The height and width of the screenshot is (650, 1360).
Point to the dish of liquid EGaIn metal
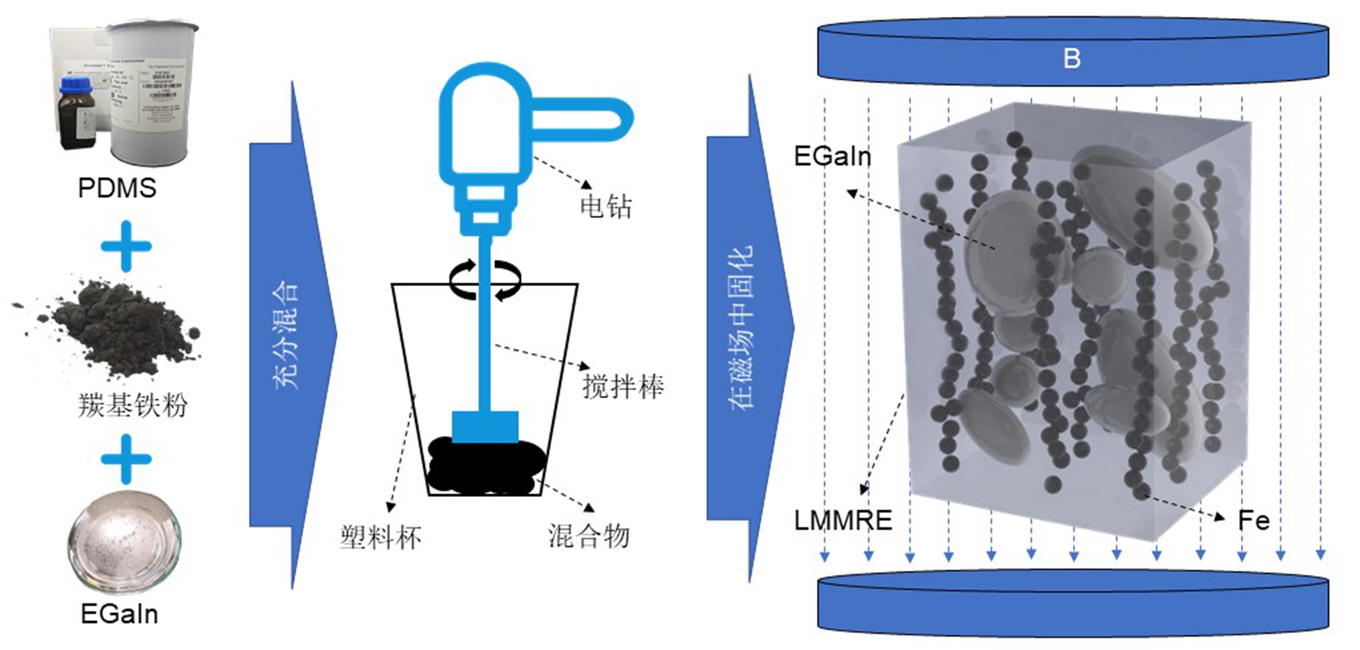(x=124, y=542)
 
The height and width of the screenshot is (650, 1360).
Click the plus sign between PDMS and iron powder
(x=126, y=246)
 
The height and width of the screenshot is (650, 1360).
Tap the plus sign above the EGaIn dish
(x=126, y=459)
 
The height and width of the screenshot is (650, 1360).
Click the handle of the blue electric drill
(x=581, y=119)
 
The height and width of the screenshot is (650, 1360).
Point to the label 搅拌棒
(x=623, y=387)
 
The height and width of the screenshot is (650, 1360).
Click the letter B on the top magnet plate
(x=1071, y=58)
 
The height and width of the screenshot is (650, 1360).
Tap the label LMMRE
(x=843, y=520)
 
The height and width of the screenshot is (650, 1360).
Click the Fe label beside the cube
(x=1254, y=520)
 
